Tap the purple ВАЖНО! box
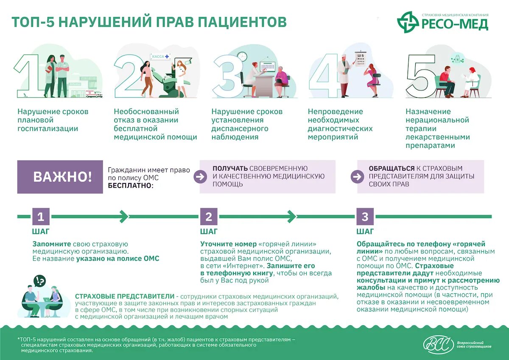(60, 177)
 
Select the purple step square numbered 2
(208, 217)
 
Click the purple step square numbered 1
(41, 217)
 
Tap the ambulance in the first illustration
(94, 94)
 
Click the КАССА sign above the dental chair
(160, 56)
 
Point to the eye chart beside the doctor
(360, 59)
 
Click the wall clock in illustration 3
(242, 56)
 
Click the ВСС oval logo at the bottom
(438, 345)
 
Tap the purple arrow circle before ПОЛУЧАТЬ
(200, 177)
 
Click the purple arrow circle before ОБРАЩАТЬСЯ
(357, 177)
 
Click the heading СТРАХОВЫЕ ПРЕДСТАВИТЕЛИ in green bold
(125, 296)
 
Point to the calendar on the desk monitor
(268, 67)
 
